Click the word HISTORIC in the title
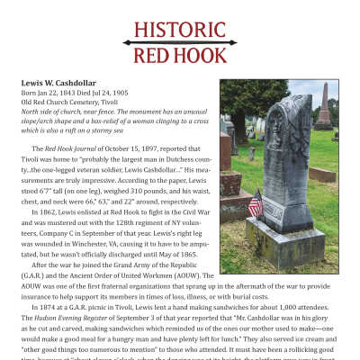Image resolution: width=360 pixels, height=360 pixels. click(x=180, y=29)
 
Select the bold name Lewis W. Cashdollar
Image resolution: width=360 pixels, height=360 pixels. click(x=67, y=84)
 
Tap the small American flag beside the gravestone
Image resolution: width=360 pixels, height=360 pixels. click(x=255, y=204)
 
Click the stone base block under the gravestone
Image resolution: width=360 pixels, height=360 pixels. click(x=285, y=240)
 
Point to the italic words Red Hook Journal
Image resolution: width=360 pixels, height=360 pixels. click(x=71, y=148)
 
